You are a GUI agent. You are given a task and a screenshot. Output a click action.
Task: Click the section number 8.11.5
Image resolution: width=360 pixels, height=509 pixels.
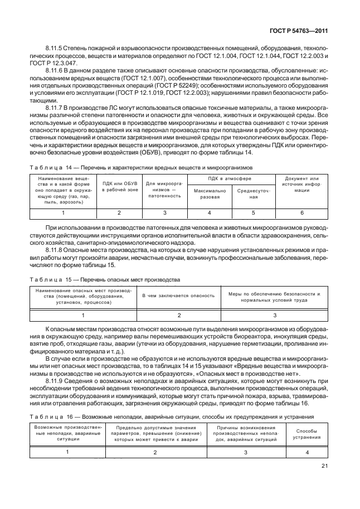(55, 49)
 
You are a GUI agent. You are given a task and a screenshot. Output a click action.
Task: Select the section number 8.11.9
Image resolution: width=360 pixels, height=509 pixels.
(55, 380)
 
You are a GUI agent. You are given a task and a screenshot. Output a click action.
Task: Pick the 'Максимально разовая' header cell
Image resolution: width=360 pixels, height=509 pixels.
(210, 193)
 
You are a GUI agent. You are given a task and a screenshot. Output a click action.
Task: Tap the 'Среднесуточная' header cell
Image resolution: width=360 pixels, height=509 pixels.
(253, 193)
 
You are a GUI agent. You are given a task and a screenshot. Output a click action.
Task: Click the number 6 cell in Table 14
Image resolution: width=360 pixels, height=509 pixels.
(302, 213)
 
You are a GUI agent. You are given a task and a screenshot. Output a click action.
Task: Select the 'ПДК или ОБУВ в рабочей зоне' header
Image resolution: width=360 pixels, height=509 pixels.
(119, 187)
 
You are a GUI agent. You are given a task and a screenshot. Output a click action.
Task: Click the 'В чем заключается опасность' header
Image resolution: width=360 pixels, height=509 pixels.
(178, 295)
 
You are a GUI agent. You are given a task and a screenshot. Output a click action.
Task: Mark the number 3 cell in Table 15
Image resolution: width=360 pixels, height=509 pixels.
(274, 316)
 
